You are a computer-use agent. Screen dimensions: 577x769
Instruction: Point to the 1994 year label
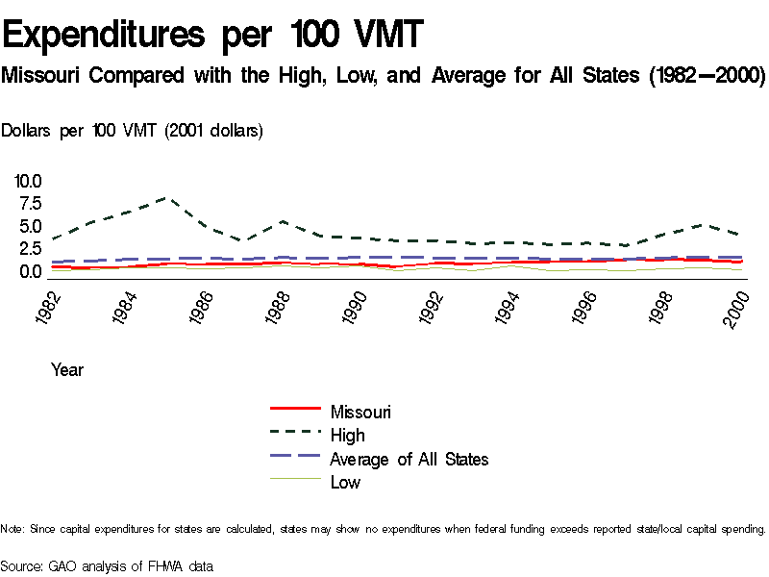tap(509, 308)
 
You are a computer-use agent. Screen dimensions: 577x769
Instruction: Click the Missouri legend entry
tap(360, 412)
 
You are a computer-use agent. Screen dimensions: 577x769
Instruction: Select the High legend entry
tap(347, 436)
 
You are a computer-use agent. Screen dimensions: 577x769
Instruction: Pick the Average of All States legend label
tap(409, 459)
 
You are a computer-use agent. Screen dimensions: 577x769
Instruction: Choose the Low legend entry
tap(345, 482)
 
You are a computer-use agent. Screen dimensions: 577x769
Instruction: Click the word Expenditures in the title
tap(105, 36)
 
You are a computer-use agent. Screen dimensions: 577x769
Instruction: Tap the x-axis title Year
tap(67, 369)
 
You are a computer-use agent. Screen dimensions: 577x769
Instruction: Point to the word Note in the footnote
tap(12, 529)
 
